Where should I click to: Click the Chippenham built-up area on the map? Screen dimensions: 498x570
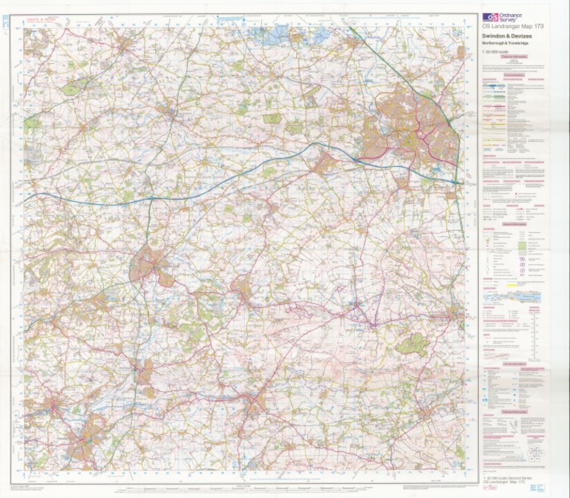[x=148, y=263]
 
